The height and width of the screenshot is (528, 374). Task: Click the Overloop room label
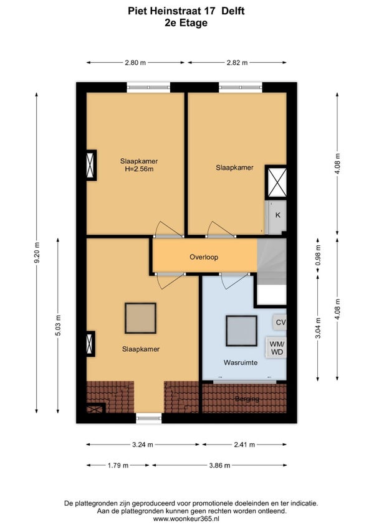(x=204, y=257)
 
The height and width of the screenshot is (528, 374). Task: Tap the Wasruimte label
(x=241, y=362)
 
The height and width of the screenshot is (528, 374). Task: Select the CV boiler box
(x=280, y=323)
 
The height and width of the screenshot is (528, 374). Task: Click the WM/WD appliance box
(x=276, y=348)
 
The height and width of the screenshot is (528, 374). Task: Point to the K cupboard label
(x=278, y=215)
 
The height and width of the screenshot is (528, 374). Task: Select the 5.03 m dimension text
(x=58, y=325)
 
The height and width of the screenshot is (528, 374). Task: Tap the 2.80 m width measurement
(x=135, y=63)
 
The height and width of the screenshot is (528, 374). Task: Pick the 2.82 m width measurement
(x=237, y=63)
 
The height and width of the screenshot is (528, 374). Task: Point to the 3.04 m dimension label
(x=318, y=328)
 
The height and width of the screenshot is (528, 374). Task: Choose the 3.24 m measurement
(x=142, y=445)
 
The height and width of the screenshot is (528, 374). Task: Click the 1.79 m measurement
(x=118, y=466)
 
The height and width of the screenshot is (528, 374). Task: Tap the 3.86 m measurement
(x=219, y=466)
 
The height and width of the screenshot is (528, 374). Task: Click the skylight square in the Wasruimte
(x=241, y=331)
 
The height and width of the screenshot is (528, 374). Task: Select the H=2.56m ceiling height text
(x=139, y=169)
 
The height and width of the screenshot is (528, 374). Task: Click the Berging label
(x=247, y=399)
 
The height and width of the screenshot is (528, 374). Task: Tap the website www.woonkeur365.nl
(x=191, y=519)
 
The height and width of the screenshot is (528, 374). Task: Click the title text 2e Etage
(x=186, y=23)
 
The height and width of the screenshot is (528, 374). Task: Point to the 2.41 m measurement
(x=244, y=445)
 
